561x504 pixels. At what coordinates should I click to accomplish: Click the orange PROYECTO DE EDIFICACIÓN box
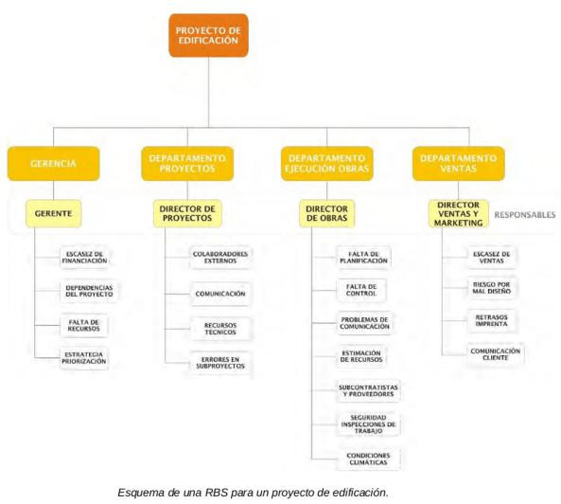[x=208, y=35]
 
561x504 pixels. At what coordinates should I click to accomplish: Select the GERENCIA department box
[x=53, y=163]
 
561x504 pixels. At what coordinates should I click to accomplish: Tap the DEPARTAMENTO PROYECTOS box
[x=187, y=163]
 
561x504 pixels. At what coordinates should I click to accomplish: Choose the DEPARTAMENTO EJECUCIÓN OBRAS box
[x=327, y=163]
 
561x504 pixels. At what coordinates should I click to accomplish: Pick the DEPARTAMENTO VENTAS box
[x=458, y=163]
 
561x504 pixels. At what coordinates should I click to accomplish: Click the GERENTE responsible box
[x=53, y=213]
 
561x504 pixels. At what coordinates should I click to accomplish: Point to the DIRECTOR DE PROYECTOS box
[x=187, y=213]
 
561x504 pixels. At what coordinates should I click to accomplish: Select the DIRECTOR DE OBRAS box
[x=327, y=213]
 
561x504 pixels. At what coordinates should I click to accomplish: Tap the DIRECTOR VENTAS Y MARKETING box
[x=458, y=214]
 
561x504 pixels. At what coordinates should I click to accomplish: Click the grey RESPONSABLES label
[x=525, y=214]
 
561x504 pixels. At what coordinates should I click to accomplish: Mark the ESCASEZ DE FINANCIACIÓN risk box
[x=84, y=257]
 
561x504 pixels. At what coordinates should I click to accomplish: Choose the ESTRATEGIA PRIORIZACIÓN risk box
[x=84, y=358]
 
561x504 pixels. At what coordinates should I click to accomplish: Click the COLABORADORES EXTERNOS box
[x=220, y=258]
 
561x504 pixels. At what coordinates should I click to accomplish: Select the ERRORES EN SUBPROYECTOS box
[x=220, y=363]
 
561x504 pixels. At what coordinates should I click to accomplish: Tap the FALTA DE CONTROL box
[x=361, y=290]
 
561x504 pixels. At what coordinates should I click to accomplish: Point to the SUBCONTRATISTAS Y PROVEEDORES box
[x=368, y=391]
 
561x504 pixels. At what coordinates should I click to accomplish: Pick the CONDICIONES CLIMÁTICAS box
[x=368, y=459]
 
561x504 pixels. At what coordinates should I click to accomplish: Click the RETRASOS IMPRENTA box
[x=491, y=320]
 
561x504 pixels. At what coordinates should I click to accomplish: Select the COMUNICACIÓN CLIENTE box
[x=495, y=354]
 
